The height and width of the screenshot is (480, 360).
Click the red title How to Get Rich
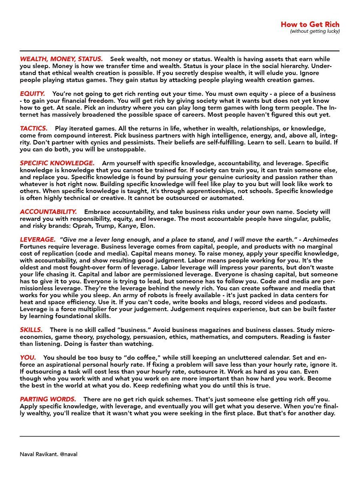tap(310, 24)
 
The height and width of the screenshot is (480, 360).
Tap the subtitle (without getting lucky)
tap(315, 31)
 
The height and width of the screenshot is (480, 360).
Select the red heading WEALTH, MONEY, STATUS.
tap(61, 59)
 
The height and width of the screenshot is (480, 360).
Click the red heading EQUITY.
tap(32, 94)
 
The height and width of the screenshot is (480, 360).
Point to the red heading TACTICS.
tap(34, 129)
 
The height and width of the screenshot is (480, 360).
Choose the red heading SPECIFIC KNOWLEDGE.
tap(57, 163)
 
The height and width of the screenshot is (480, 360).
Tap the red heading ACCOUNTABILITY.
tap(48, 211)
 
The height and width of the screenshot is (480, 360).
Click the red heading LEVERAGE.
tap(38, 240)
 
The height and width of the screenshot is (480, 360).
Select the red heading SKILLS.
tap(31, 330)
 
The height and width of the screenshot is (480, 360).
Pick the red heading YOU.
tap(28, 357)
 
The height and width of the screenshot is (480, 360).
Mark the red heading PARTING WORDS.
tap(48, 400)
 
